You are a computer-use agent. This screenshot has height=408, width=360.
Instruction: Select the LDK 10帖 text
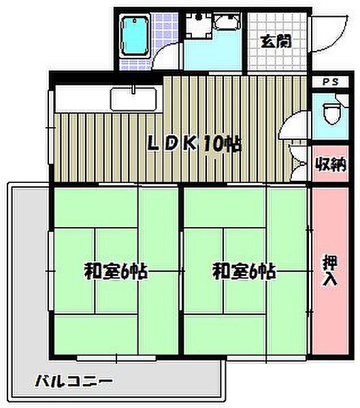pos(195,145)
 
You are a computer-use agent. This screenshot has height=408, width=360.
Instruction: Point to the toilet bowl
pos(330,112)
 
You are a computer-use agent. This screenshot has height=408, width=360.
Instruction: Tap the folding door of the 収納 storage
pos(298,163)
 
